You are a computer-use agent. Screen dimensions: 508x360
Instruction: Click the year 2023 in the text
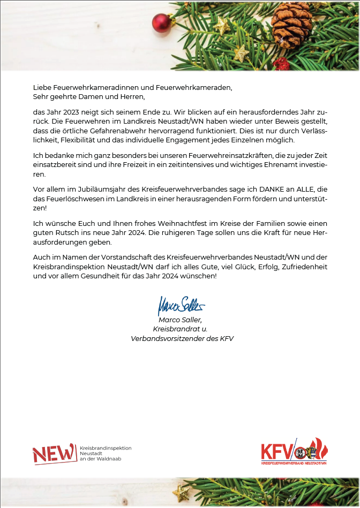click(69, 112)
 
